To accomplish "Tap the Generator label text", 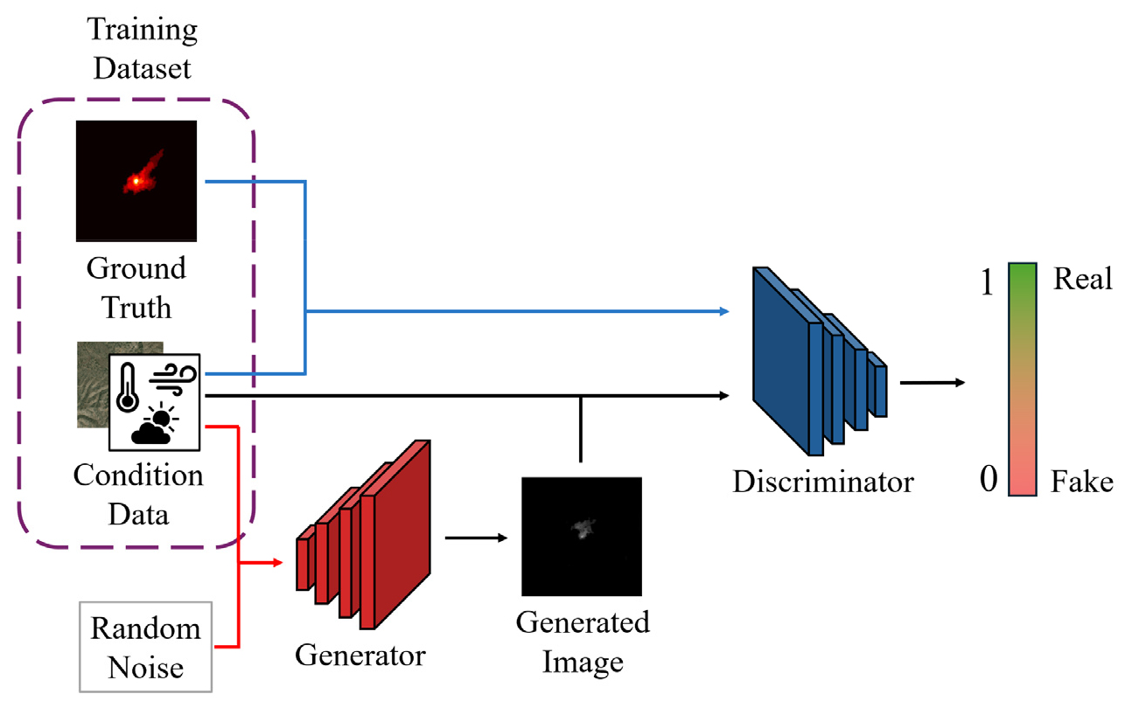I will tap(360, 655).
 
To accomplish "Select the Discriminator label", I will tap(823, 481).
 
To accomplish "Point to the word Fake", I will tap(1082, 482).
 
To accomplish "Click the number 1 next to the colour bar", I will tap(988, 284).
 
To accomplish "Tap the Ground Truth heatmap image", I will tap(136, 181).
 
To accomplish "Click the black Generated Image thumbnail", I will tap(581, 537).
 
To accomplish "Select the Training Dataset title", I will tap(143, 50).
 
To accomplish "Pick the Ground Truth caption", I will tap(136, 288).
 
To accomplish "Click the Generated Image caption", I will tap(582, 642).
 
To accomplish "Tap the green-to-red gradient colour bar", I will tap(1022, 381).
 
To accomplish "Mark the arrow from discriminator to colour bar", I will tap(932, 382).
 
